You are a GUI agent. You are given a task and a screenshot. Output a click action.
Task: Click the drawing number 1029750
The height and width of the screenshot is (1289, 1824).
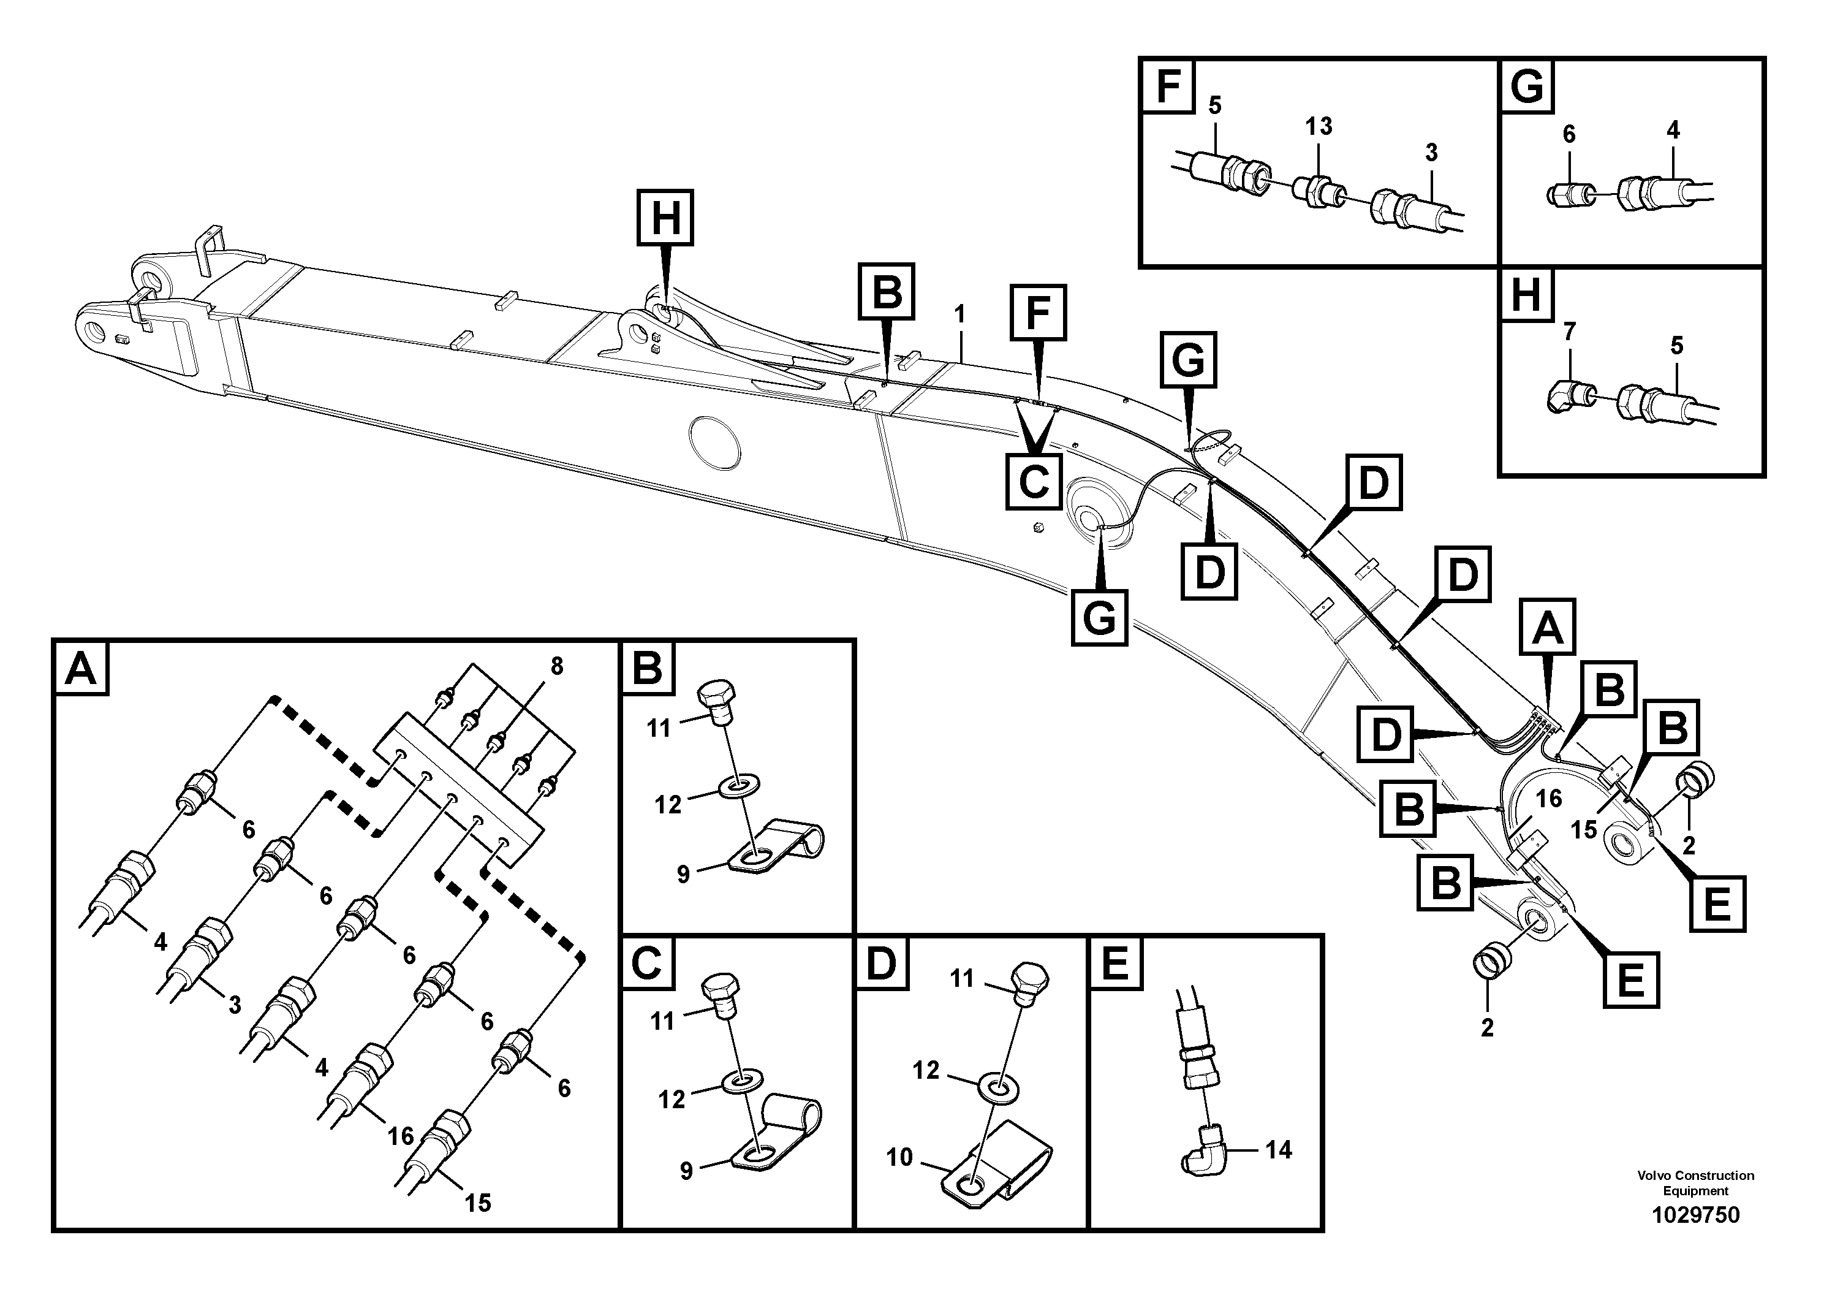pyautogui.click(x=1695, y=1215)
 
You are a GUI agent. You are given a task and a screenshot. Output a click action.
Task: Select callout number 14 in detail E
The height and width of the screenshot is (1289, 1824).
pyautogui.click(x=1278, y=1149)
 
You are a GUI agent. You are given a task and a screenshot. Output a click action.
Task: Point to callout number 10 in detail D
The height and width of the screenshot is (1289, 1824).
pyautogui.click(x=899, y=1157)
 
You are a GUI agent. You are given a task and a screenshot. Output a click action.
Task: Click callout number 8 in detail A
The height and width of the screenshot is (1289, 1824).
pyautogui.click(x=557, y=666)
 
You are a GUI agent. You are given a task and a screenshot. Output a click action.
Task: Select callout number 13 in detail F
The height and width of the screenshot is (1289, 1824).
pyautogui.click(x=1318, y=126)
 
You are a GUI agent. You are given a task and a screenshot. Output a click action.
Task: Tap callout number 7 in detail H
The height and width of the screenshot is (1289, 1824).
pyautogui.click(x=1569, y=332)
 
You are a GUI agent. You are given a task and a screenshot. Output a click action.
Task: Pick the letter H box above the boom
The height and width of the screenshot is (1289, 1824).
pyautogui.click(x=665, y=217)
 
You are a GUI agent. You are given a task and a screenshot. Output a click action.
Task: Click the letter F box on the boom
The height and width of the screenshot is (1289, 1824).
pyautogui.click(x=1037, y=313)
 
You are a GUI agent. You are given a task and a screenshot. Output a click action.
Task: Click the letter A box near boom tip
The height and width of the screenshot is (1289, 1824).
pyautogui.click(x=1546, y=628)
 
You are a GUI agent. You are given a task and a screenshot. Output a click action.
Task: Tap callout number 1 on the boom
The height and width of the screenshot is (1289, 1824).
pyautogui.click(x=959, y=314)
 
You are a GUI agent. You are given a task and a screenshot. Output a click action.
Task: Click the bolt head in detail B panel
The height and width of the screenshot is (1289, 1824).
pyautogui.click(x=717, y=694)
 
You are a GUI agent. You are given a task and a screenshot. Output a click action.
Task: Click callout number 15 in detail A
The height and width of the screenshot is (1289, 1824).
pyautogui.click(x=477, y=1203)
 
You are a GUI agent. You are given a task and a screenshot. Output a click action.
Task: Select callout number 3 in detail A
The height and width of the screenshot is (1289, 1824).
pyautogui.click(x=234, y=1005)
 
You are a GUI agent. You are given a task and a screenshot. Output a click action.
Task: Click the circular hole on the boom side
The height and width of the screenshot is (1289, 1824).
pyautogui.click(x=715, y=442)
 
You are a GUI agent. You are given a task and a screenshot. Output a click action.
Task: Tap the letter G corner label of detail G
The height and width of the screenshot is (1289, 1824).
pyautogui.click(x=1526, y=86)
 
